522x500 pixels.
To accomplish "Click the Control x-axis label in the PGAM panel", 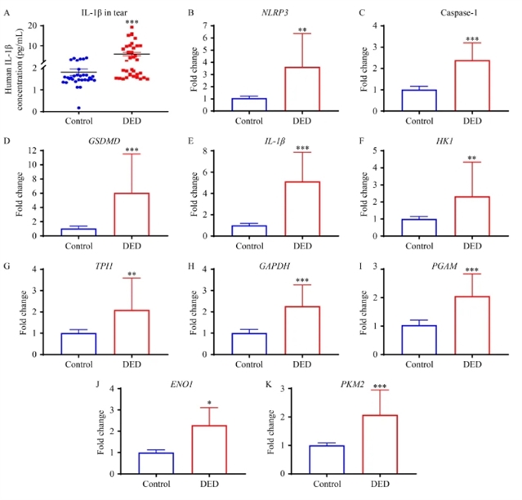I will click(417, 364).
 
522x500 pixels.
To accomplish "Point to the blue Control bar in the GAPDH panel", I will click(250, 343).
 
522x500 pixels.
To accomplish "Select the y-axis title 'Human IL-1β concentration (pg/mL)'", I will click(16, 62).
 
